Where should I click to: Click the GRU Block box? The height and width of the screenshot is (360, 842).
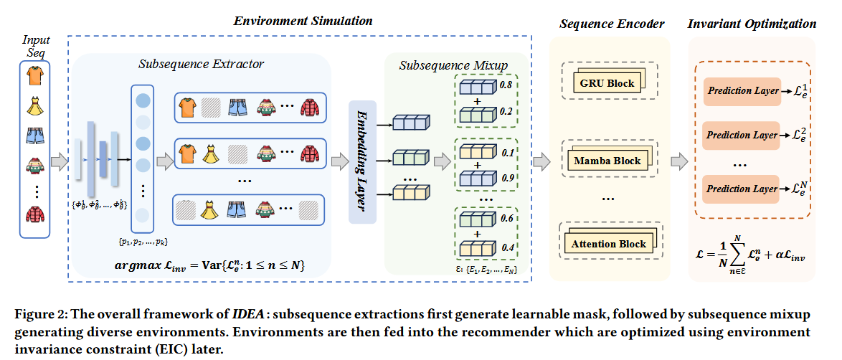point(606,83)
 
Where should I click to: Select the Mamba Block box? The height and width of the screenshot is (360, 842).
point(607,161)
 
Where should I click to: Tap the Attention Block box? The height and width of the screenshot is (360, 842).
point(608,244)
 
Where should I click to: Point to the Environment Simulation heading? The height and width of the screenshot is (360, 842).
point(303,21)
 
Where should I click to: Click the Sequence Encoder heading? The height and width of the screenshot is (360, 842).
point(612,24)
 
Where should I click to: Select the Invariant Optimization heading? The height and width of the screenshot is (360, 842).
point(752,24)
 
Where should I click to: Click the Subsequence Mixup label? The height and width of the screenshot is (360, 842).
point(453,65)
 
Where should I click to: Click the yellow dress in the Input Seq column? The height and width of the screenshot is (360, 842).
point(35,107)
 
